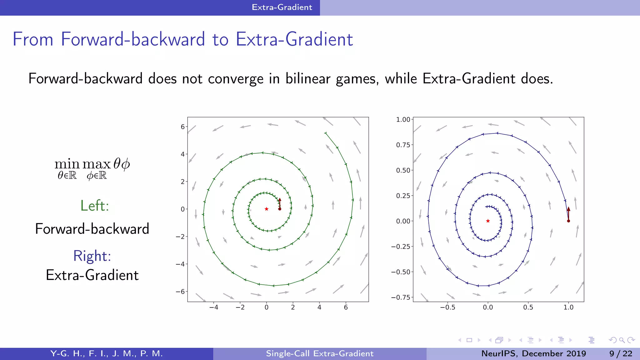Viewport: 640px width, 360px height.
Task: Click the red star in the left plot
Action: pos(267,209)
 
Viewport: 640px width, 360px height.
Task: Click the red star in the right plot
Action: pos(488,221)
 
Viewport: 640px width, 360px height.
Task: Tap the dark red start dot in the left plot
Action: pos(280,209)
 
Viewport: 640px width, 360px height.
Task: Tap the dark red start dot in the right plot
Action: pos(568,221)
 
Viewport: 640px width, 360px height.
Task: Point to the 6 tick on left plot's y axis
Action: pos(182,127)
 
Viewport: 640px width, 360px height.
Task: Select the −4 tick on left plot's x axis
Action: pos(214,307)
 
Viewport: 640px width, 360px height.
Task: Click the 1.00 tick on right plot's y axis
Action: pos(403,119)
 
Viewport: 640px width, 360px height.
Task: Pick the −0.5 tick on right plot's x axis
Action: pos(447,307)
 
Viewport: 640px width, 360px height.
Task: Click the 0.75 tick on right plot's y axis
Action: pos(403,145)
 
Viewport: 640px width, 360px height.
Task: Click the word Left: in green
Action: pos(95,206)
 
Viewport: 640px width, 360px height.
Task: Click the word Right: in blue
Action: pos(92,256)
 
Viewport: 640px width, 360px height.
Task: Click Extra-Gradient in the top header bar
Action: pos(282,7)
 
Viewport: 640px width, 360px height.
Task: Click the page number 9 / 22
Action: pos(621,353)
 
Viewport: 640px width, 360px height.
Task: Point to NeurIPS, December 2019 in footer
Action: pos(533,353)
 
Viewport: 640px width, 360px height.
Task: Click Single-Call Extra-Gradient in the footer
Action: pos(320,353)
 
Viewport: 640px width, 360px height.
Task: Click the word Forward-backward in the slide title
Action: pos(133,39)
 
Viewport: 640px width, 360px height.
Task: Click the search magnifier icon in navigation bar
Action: pos(622,340)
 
